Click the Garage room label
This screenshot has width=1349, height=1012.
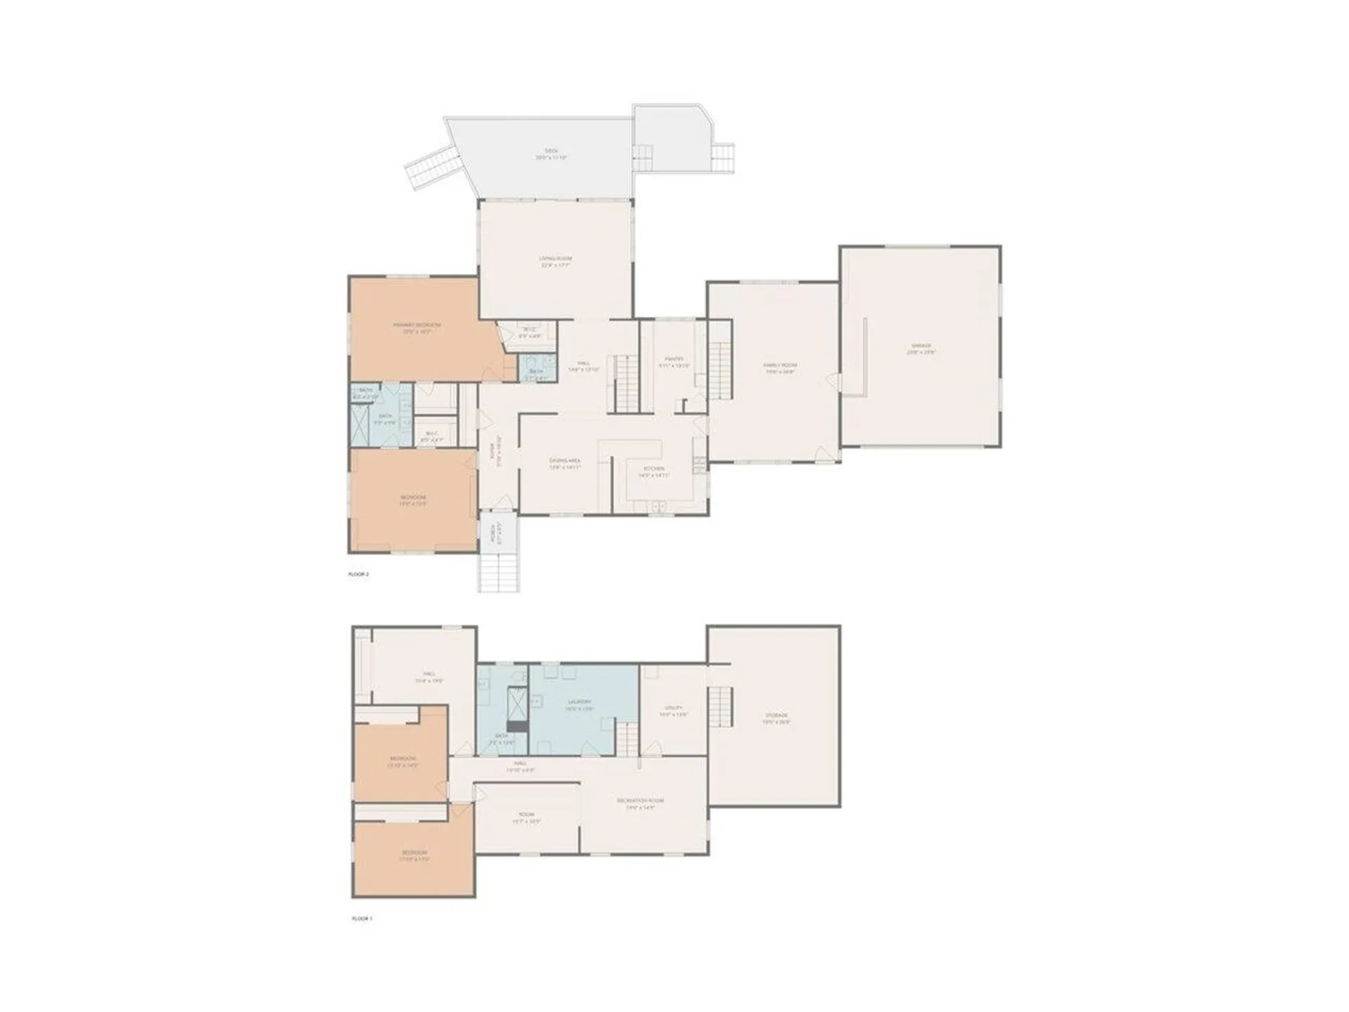(921, 349)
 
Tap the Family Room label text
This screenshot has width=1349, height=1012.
(780, 368)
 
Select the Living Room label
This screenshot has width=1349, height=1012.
(555, 262)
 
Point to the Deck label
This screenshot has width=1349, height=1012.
(551, 154)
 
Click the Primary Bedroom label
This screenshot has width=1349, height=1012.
(417, 327)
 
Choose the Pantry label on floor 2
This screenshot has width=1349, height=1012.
(674, 362)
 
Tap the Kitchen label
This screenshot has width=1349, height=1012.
(653, 472)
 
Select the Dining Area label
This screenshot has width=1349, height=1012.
(565, 464)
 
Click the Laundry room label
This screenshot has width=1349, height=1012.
(580, 705)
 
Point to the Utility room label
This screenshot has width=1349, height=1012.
(673, 711)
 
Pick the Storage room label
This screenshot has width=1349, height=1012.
(776, 718)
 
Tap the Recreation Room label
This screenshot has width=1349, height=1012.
(640, 804)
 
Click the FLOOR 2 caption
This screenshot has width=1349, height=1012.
(358, 574)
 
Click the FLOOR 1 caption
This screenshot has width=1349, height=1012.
(362, 919)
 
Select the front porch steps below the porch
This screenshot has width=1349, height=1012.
(500, 572)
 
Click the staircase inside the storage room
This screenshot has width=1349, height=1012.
(720, 707)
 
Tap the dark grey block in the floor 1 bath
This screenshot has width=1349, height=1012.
(517, 726)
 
